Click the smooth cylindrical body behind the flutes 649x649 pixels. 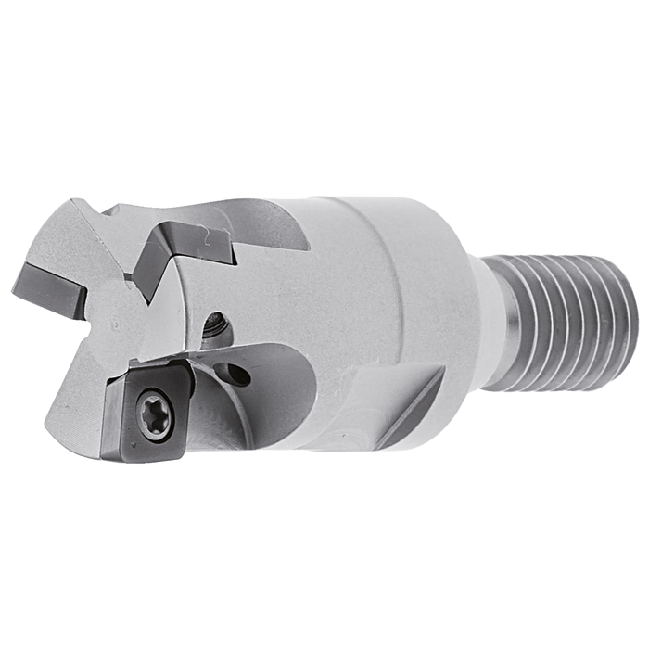[x=371, y=278]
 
